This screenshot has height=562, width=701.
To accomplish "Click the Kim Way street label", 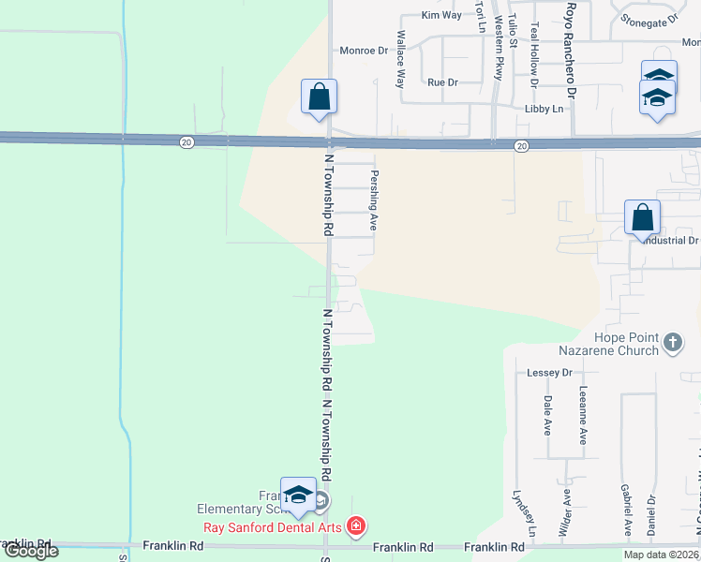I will point(441,15).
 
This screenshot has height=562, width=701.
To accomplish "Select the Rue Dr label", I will point(442,82).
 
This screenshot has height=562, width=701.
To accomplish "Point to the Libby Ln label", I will point(544,110).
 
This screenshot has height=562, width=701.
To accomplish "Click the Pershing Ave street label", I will point(374,200).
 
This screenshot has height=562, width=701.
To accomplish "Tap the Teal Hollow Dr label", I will point(533,55).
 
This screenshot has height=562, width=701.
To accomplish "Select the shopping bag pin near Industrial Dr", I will point(642,218).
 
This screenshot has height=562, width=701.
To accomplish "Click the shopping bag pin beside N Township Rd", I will point(319,96).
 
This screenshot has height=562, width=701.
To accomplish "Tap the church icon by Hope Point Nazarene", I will point(672,343).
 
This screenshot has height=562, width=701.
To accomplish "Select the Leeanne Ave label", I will point(583,415).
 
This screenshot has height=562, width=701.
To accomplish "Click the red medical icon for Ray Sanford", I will point(355,526).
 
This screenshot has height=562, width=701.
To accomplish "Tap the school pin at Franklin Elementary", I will point(298,497).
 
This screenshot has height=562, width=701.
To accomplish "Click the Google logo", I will point(30,551).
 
